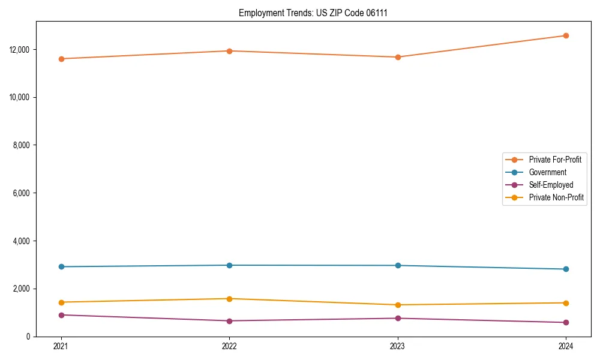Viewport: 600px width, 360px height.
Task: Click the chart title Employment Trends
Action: click(x=313, y=13)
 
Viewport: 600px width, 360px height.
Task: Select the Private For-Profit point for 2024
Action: click(x=566, y=35)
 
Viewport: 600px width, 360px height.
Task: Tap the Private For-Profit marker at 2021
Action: click(x=61, y=59)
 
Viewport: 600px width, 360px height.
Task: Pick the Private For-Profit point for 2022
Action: click(x=229, y=51)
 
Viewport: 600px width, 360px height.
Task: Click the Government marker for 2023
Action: click(x=398, y=265)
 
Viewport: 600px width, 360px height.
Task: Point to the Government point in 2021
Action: click(x=61, y=266)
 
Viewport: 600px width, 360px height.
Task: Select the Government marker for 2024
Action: click(x=566, y=269)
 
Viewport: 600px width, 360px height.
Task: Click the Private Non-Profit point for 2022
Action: click(x=229, y=299)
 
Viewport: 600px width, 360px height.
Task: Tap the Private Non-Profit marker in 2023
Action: click(x=398, y=305)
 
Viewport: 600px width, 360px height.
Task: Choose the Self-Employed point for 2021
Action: click(x=61, y=315)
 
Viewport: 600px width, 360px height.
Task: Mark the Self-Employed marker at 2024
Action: click(x=566, y=322)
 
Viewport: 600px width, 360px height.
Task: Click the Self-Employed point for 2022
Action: click(x=229, y=321)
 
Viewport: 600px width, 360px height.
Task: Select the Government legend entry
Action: click(x=547, y=172)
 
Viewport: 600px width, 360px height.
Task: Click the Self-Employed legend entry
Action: click(x=551, y=185)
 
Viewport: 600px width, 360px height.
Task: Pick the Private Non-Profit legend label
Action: click(x=556, y=197)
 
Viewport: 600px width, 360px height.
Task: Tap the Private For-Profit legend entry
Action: click(x=555, y=160)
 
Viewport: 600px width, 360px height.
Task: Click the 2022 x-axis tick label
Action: click(x=229, y=346)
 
